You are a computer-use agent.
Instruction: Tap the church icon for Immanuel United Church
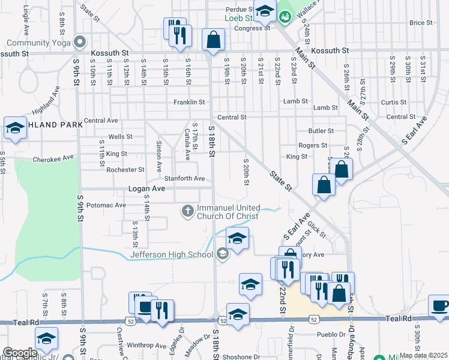point(187,210)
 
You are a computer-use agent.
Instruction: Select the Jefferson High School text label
point(172,254)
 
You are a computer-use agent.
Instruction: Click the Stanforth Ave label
point(185,178)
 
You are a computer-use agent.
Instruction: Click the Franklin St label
point(190,102)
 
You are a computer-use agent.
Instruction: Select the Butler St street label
point(321,130)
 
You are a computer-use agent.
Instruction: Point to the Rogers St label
point(313,145)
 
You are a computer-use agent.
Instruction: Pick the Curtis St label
point(394,102)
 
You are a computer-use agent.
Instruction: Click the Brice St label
point(421,23)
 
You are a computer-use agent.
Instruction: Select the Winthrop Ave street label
point(146,345)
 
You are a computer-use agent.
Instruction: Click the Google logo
point(20,353)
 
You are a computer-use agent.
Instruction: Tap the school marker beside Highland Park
point(15,128)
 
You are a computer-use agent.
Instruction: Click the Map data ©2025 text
point(423,355)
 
